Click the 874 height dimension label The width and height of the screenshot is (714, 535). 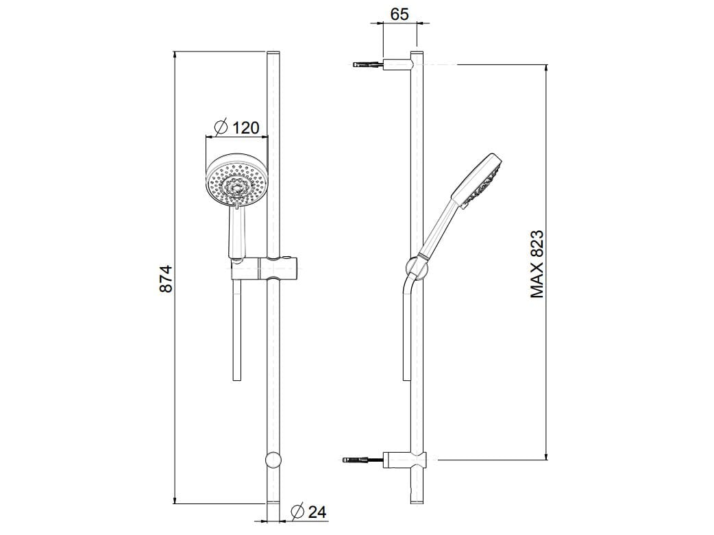167,278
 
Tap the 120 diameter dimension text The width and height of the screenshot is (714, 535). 245,127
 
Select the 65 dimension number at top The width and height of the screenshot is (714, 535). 399,14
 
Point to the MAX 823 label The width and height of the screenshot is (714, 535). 537,264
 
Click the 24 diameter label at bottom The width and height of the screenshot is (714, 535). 317,512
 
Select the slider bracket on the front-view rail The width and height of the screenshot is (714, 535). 264,269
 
